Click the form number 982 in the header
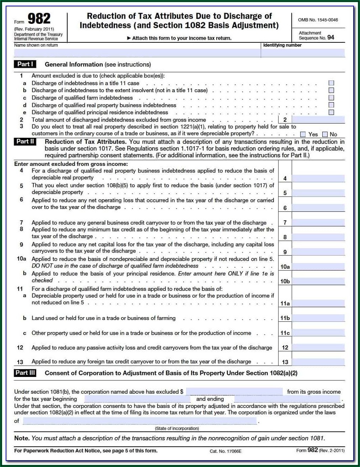[x=39, y=19]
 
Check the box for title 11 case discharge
[x=331, y=83]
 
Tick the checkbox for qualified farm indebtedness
[x=331, y=98]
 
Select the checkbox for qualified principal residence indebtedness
[x=331, y=112]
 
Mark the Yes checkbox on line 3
[x=303, y=134]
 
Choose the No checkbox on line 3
[x=325, y=134]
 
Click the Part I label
[x=25, y=64]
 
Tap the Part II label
[x=25, y=141]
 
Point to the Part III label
[x=25, y=373]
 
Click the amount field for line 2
[x=318, y=120]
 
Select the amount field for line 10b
[x=318, y=281]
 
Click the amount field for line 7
[x=318, y=222]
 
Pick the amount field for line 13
[x=318, y=362]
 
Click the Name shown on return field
[x=137, y=53]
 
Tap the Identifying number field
[x=303, y=53]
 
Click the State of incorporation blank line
[x=140, y=421]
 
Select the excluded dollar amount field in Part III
[x=234, y=392]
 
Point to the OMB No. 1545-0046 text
[x=318, y=20]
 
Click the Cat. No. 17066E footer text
[x=226, y=451]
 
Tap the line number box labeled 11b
[x=285, y=318]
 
